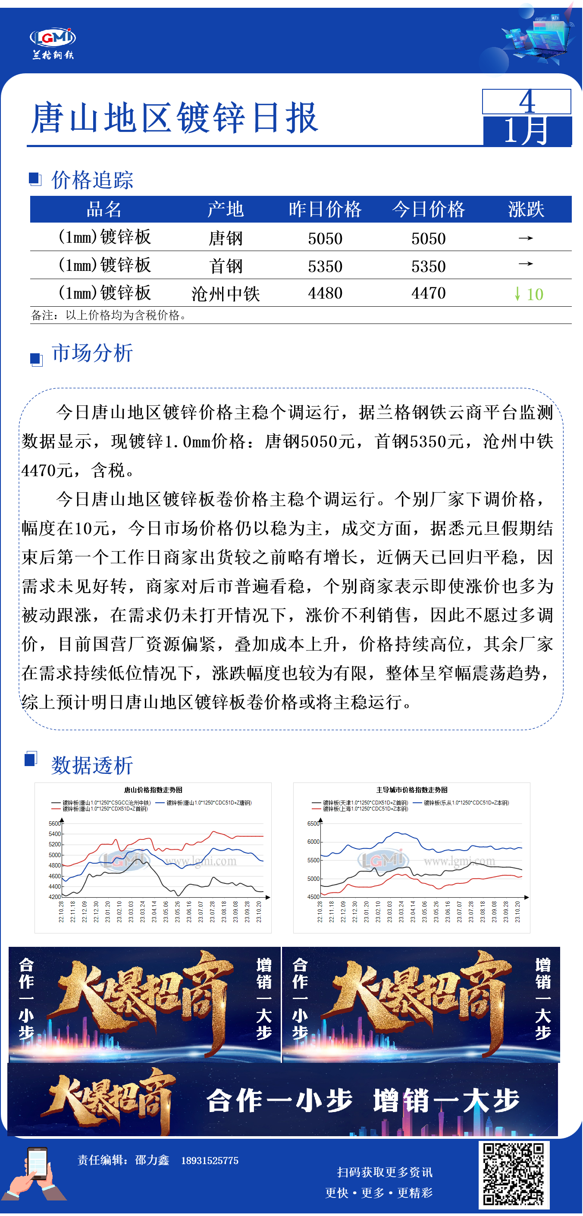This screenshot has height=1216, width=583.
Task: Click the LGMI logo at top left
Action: coord(53,42)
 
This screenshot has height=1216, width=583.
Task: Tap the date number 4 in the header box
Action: coord(527,101)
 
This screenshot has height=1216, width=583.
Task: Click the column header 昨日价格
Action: coord(325,209)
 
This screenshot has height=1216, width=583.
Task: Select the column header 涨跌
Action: coord(526,209)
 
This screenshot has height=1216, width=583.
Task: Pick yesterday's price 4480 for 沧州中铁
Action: coord(325,293)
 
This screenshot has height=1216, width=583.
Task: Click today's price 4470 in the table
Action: coord(428,293)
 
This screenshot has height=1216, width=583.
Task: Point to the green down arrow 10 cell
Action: coord(529,294)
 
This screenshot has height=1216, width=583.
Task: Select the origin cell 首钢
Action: coord(226,266)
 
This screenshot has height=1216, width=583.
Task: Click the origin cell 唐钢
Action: coord(226,238)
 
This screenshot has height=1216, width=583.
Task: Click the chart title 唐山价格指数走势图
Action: coord(153,790)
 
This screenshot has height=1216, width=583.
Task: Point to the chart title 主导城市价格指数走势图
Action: coord(412,790)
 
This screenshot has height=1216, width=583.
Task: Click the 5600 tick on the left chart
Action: coord(54,823)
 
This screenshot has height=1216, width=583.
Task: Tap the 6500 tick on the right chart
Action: coord(313,823)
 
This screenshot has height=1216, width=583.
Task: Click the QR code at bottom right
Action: coord(514,1174)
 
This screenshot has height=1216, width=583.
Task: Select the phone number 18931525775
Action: coord(210,1161)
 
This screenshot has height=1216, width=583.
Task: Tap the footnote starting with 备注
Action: coord(109,315)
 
